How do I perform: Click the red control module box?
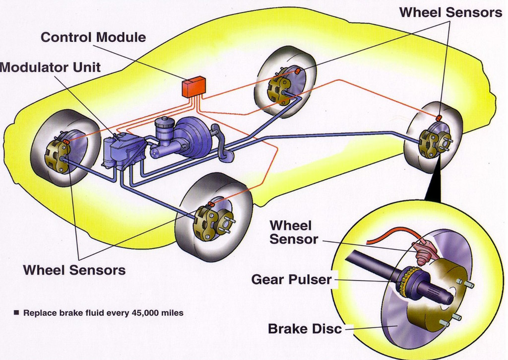(194, 87)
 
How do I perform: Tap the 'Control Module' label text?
(93, 37)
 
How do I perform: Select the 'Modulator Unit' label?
(50, 67)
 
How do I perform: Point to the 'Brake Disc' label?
(305, 329)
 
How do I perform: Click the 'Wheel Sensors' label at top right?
(451, 13)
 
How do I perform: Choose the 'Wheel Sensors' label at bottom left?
(74, 270)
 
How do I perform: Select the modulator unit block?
(122, 149)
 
